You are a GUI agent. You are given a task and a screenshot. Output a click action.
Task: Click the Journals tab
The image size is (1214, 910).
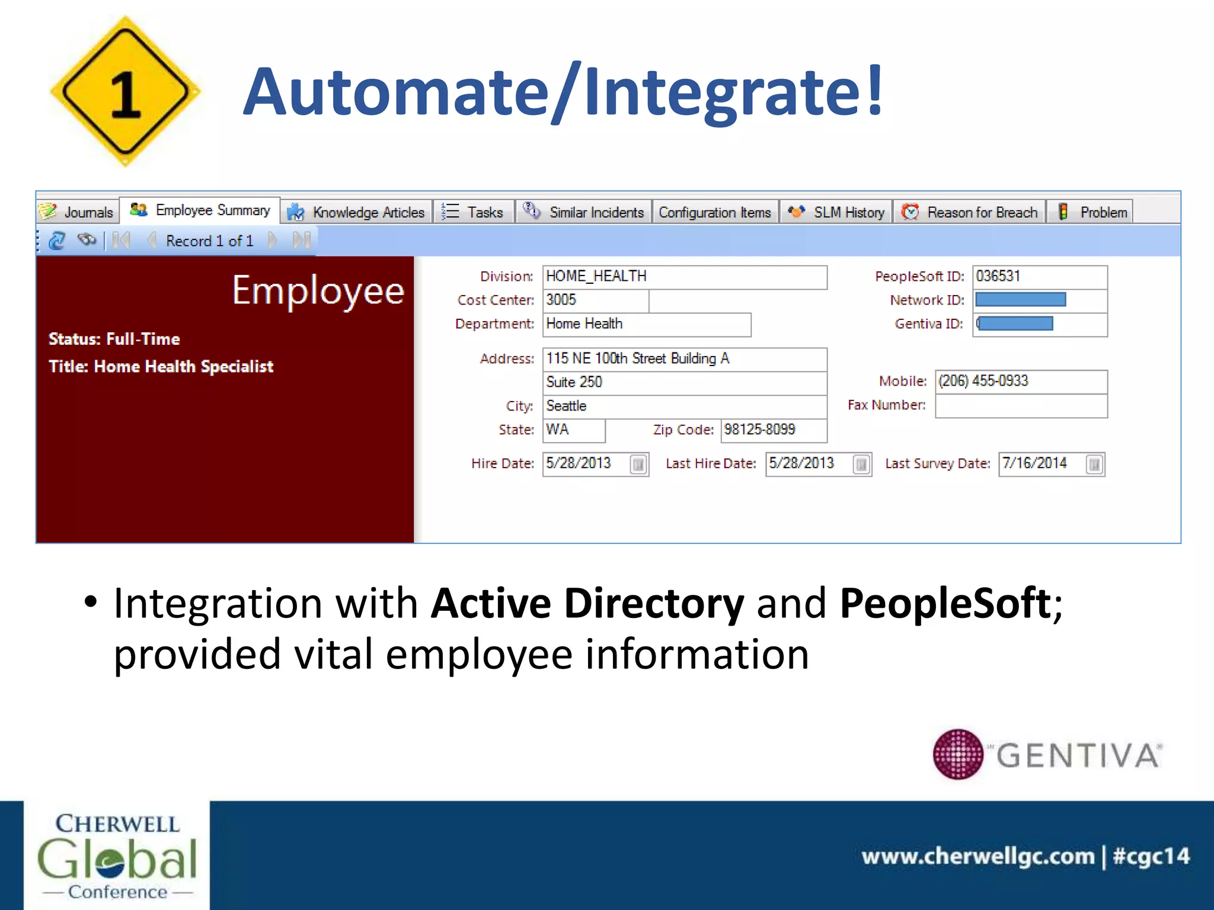tap(78, 212)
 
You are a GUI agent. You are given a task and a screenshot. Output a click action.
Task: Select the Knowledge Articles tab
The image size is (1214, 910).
tap(357, 212)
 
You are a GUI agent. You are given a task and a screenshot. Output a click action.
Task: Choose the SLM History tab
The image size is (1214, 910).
tap(836, 212)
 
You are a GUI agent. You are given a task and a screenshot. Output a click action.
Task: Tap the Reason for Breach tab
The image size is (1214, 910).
tap(970, 212)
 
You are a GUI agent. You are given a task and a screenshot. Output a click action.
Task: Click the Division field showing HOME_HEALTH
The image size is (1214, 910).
tap(684, 277)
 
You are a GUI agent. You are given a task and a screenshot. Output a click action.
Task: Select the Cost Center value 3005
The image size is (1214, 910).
tap(595, 300)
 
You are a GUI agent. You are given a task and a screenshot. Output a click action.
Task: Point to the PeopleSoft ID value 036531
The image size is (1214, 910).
tap(1039, 277)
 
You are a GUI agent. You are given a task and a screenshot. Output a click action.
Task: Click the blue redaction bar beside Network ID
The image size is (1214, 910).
tap(1020, 300)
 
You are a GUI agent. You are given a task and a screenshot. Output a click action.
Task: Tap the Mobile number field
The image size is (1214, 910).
tap(1021, 382)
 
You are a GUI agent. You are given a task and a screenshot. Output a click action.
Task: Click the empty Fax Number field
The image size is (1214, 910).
tap(1021, 406)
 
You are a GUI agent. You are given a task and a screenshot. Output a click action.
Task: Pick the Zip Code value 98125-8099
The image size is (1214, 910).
tap(773, 430)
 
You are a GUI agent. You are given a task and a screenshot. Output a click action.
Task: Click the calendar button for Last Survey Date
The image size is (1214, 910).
tap(1094, 464)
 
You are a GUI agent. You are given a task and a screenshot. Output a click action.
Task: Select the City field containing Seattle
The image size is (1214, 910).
tap(684, 406)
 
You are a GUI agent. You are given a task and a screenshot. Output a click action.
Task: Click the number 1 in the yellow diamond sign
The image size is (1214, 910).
tap(125, 95)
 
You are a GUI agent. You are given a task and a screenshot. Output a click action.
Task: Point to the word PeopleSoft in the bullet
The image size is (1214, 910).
tap(945, 603)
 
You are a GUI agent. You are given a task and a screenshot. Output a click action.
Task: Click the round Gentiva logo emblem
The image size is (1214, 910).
tap(957, 754)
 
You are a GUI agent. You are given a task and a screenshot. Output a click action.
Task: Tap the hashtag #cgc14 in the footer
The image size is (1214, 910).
tap(1151, 856)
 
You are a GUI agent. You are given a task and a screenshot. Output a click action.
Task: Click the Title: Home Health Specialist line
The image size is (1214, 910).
tap(161, 367)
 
